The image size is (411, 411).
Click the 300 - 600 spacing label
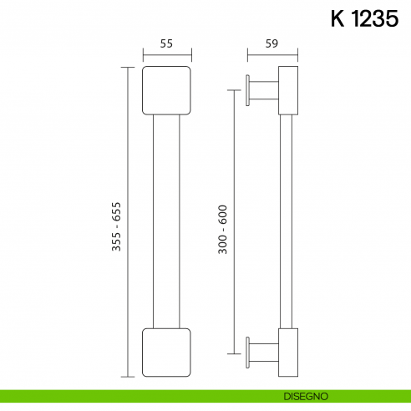[x=223, y=230]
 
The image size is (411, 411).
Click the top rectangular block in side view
[x=287, y=90]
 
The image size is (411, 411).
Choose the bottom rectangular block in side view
[x=287, y=353]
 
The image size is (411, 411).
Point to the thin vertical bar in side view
[x=285, y=221]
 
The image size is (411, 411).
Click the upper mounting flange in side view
[x=249, y=90]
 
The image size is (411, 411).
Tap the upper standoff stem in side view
[x=264, y=90]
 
